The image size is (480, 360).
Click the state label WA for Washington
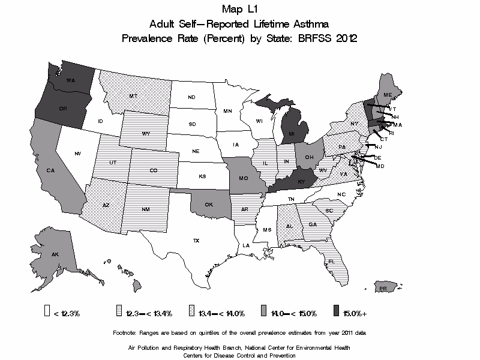(x=70, y=80)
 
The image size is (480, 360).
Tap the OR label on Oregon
(x=62, y=109)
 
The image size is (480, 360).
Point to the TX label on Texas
(x=196, y=241)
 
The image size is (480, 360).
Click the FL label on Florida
(x=331, y=262)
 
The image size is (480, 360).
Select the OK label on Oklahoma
(x=209, y=205)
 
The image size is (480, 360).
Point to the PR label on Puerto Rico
(x=382, y=289)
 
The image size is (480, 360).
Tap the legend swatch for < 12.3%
(x=46, y=312)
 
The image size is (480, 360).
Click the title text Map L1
(x=239, y=10)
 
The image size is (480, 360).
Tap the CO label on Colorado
(x=154, y=171)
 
